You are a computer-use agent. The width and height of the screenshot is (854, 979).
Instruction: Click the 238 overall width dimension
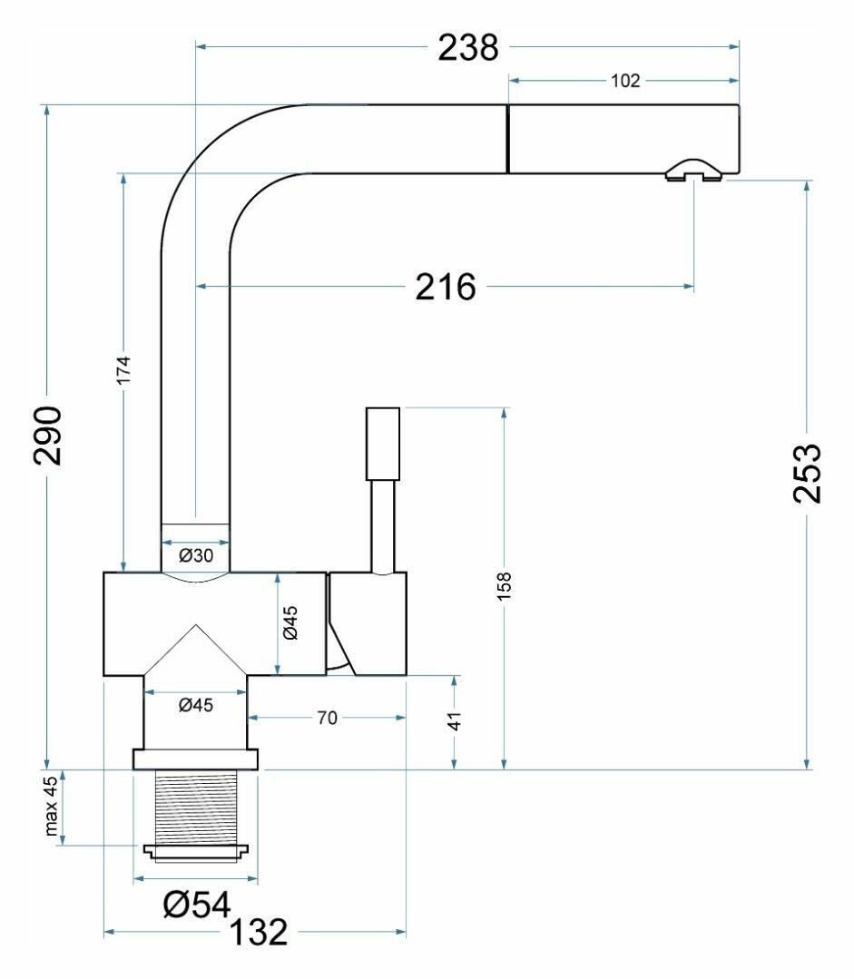(x=468, y=47)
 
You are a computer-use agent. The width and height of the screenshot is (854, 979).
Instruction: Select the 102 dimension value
(x=625, y=81)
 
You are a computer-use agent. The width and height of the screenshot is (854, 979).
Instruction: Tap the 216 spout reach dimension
(x=446, y=288)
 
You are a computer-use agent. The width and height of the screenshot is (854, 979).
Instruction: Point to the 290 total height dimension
(x=48, y=436)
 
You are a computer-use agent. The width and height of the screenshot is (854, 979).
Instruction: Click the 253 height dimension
(x=807, y=473)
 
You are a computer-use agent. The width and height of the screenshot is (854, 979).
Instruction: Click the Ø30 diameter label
(x=195, y=555)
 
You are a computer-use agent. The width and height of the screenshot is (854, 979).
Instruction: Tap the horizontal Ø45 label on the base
(x=195, y=705)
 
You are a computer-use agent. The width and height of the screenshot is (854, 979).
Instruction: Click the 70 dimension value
(x=327, y=719)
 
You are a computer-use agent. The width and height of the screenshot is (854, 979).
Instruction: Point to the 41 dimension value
(x=456, y=720)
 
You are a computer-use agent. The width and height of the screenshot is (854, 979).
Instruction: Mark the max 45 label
(x=52, y=807)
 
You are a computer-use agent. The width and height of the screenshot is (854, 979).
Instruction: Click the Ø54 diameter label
(x=195, y=903)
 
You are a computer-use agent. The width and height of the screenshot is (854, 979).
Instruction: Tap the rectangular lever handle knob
(x=382, y=444)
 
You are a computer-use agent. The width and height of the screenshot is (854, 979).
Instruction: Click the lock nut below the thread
(x=196, y=851)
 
